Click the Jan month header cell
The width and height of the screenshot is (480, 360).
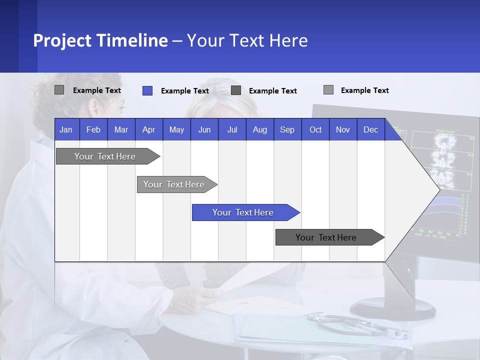66,129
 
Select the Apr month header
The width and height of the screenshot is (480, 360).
149,129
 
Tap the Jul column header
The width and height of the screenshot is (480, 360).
232,129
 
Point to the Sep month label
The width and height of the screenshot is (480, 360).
287,129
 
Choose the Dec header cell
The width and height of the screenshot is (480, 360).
370,129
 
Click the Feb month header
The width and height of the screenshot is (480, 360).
93,129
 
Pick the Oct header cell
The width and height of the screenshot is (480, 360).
315,129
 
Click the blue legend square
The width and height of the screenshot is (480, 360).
147,90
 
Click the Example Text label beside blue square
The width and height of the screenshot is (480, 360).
185,91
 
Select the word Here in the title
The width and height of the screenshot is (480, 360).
288,40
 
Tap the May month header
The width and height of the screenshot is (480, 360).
176,129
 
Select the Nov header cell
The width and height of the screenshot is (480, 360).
343,129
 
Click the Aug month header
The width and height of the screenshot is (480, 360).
259,129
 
